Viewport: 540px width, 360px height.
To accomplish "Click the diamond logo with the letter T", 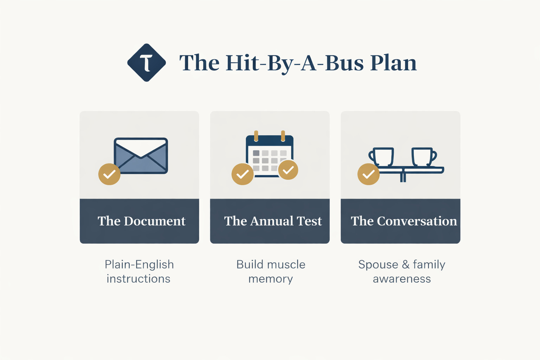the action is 146,63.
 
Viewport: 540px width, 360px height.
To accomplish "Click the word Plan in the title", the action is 393,63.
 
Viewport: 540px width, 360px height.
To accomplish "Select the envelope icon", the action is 141,155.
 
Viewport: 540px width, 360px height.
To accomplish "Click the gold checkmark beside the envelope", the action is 109,174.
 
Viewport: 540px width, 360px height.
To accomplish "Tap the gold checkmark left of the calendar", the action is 243,174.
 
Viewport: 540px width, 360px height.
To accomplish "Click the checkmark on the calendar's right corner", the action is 288,170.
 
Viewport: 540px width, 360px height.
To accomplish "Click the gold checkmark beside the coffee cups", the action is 368,174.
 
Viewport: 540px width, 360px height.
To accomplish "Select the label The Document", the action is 141,221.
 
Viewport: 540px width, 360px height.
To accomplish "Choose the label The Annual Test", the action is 273,221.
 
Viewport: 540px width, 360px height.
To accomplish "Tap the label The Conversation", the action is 404,221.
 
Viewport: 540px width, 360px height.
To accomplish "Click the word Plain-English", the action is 139,264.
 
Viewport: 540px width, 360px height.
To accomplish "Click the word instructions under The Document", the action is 139,279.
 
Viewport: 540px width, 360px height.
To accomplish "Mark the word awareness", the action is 401,279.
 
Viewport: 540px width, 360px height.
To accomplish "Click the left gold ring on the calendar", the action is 256,136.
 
